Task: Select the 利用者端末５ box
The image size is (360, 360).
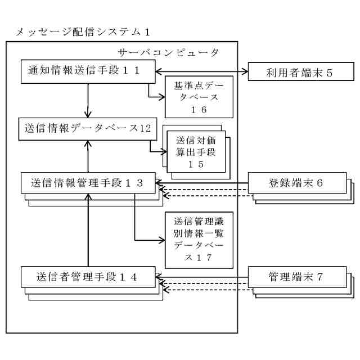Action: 299,73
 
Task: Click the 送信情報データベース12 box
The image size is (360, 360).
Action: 87,128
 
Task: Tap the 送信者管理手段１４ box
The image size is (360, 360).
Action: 88,277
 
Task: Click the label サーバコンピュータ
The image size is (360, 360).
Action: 169,52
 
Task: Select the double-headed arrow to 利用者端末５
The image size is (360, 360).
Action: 202,71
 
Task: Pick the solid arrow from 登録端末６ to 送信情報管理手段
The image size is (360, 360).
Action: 202,182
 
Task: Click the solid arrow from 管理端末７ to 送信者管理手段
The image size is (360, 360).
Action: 202,277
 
